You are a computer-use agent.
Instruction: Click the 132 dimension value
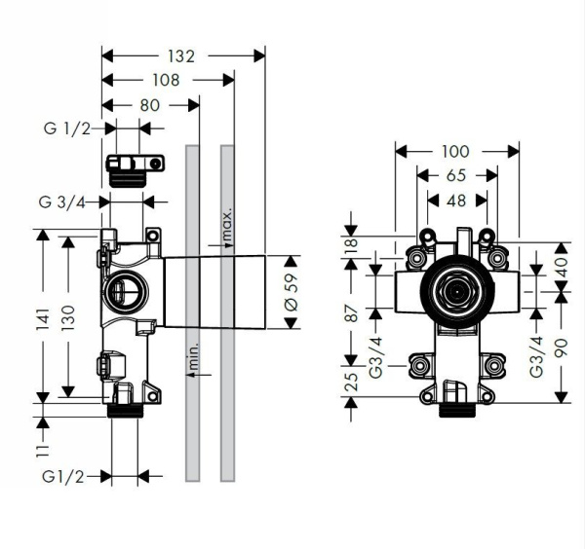(179, 56)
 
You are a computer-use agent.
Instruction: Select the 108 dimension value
(166, 81)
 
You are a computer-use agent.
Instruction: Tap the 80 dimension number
(148, 104)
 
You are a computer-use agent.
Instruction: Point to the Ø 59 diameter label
(289, 294)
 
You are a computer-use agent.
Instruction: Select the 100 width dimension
(455, 151)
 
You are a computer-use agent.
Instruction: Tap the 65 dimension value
(455, 176)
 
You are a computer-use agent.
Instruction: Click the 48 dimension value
(455, 201)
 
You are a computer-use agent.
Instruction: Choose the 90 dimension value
(561, 346)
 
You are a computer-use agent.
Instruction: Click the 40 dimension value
(561, 265)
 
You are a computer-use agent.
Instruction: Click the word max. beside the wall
(226, 224)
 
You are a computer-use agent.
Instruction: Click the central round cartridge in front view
(454, 290)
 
